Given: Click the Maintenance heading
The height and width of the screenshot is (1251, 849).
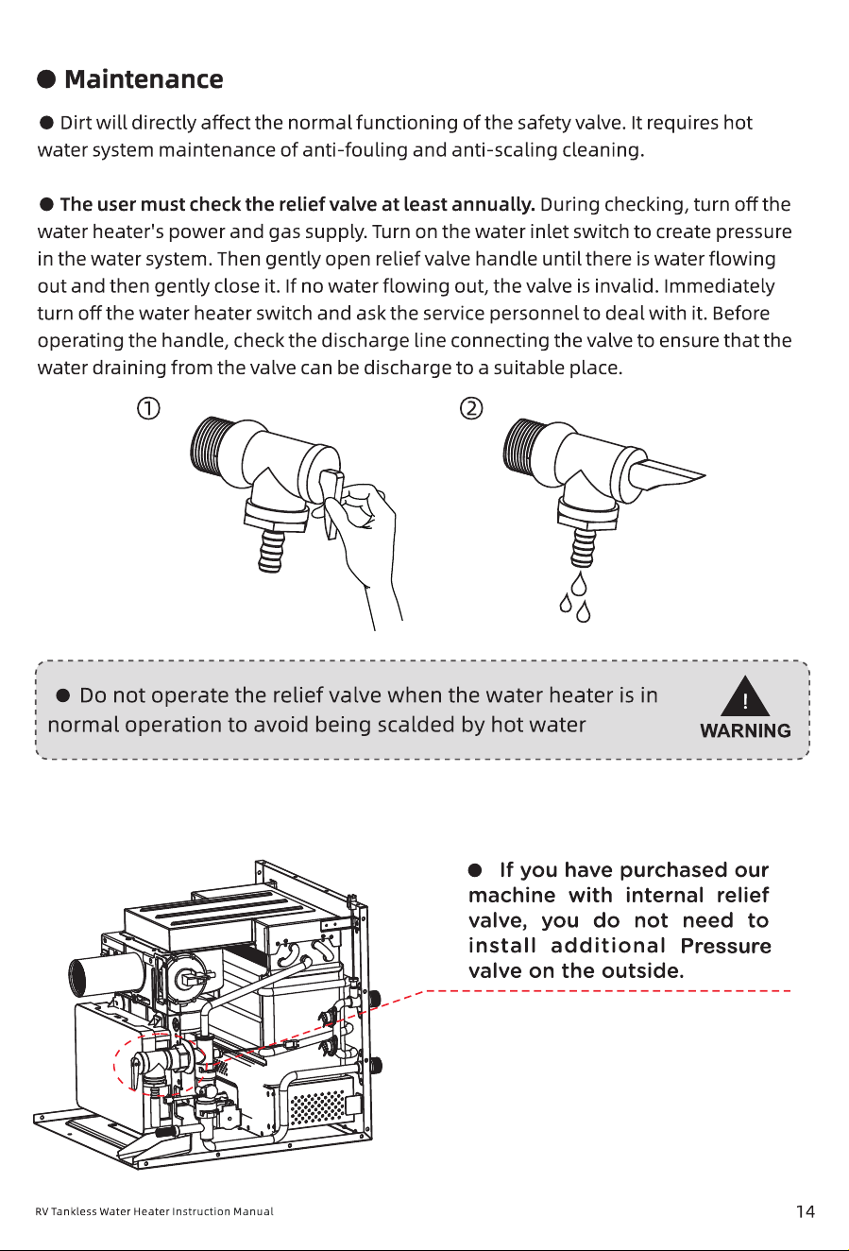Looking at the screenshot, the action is coord(144,79).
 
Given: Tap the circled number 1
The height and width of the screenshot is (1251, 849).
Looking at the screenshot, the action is coord(148,408).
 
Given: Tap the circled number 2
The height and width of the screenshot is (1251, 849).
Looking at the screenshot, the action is coord(471,408).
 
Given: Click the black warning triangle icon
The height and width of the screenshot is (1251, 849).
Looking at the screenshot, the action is coord(745,696).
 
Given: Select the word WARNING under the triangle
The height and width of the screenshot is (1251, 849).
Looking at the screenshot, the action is coord(745,730).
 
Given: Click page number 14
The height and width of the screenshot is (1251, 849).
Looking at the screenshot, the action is coord(806,1211).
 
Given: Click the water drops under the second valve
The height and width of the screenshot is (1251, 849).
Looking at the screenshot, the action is coord(575,596).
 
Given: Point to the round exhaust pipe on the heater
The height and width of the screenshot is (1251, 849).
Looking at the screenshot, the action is coord(105,975).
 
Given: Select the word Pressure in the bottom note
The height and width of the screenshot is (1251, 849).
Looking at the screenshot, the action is coord(725,946).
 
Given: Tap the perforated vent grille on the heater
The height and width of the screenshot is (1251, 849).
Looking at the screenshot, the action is coord(318,1107).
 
